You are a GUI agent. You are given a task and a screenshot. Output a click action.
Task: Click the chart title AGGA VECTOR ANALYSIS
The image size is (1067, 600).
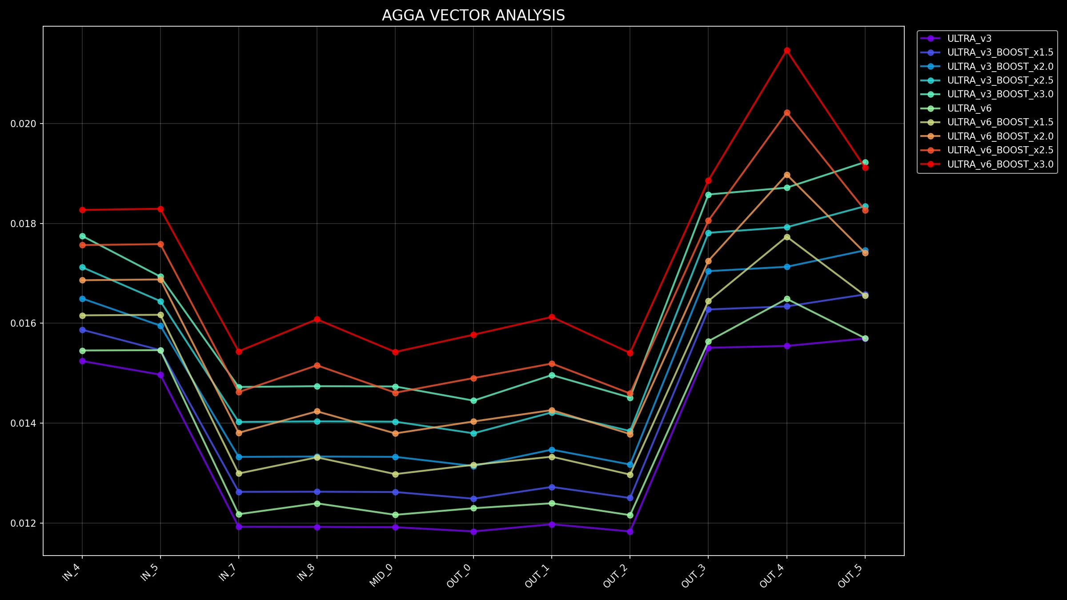[x=473, y=16]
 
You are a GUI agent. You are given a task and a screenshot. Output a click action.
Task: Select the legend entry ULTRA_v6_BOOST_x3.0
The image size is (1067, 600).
[x=1000, y=164]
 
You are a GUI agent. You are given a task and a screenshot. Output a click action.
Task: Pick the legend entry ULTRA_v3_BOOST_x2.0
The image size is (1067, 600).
[x=1000, y=67]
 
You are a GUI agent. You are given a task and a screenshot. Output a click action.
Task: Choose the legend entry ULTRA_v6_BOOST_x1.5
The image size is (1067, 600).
[x=1000, y=122]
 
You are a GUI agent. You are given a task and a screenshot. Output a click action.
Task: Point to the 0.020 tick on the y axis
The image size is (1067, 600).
[x=24, y=124]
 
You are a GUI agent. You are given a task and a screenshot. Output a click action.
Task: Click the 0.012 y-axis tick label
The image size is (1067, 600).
[x=24, y=523]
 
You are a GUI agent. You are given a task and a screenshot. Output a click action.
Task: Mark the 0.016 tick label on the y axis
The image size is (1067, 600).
[x=24, y=323]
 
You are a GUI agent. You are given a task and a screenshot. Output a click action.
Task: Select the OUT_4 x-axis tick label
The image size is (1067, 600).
[x=773, y=576]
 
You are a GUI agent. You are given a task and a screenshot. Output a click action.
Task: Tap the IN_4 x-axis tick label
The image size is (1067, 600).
[x=73, y=572]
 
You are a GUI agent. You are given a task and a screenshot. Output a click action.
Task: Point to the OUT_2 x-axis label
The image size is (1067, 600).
[x=617, y=576]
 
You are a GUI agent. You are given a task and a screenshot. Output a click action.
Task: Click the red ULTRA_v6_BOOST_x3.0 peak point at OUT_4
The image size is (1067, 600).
[x=787, y=51]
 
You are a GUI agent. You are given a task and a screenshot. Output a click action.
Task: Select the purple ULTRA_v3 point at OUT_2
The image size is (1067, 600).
[x=630, y=532]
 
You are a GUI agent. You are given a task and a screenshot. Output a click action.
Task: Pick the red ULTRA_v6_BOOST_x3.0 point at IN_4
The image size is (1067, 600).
[x=82, y=210]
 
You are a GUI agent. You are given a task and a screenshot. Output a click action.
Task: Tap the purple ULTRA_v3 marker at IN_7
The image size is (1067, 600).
[x=239, y=527]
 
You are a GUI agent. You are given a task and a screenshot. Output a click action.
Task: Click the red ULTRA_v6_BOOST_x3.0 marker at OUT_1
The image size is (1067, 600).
[x=552, y=317]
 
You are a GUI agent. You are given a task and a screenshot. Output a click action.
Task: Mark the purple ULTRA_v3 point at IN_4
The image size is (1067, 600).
[x=82, y=361]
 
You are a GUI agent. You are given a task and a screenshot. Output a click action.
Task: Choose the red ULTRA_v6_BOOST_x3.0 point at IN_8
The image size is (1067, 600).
[x=317, y=319]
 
